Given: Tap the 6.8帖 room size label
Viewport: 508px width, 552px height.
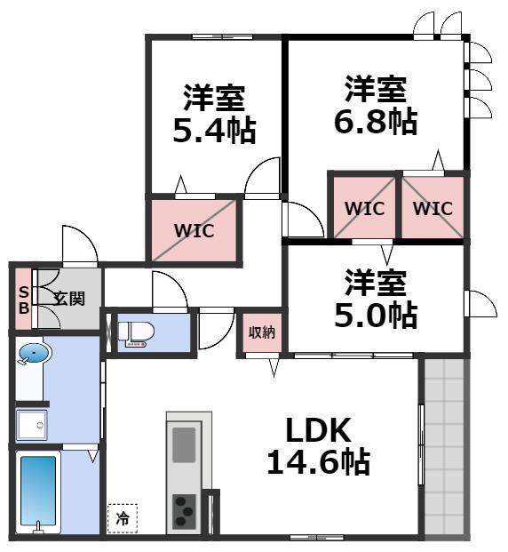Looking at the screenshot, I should coord(376,122).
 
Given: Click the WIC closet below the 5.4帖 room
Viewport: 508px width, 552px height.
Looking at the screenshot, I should coord(194,230).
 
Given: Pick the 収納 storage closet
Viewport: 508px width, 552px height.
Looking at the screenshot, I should coord(261,332).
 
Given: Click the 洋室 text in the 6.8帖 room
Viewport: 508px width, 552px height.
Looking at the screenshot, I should coord(376,89).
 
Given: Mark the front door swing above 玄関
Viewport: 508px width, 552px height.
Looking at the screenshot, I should coord(79,245).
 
